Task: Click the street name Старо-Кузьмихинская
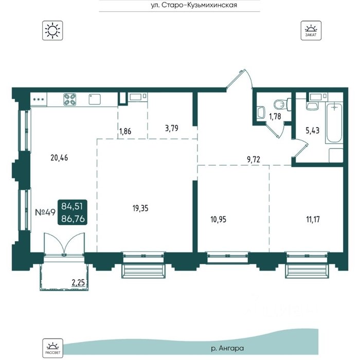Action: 200,5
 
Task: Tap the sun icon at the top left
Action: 52,30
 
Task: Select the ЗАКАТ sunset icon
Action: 311,30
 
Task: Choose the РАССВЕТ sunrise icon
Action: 52,348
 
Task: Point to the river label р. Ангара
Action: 227,348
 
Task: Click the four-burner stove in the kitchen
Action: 70,99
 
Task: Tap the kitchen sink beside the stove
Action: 95,99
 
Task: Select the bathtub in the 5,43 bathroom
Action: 334,123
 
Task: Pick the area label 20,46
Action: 59,158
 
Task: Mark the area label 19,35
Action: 140,208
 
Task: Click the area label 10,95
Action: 218,220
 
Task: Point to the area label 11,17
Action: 313,219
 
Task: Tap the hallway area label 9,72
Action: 254,159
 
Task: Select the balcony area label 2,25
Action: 78,283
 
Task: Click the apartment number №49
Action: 45,212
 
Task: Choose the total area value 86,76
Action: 73,219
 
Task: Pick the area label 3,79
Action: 171,128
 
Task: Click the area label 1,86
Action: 125,131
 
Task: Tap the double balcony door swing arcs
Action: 64,243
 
